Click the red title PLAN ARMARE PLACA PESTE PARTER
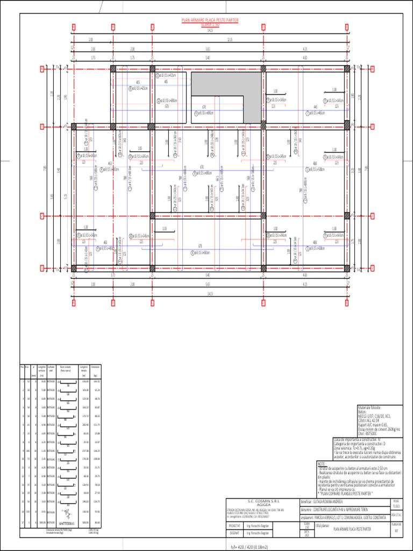pos(210,20)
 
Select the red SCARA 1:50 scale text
pos(210,24)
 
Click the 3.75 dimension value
pos(93,58)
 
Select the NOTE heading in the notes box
pos(321,463)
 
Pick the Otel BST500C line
pos(367,433)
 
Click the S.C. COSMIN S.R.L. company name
pos(260,500)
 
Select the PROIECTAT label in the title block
pos(235,525)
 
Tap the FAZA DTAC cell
pos(396,515)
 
